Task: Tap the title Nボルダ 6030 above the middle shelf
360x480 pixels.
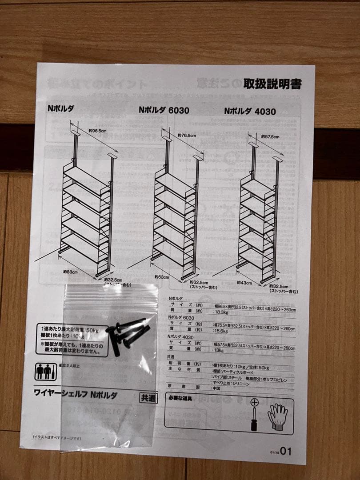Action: pos(164,110)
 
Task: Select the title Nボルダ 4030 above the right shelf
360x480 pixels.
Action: pos(250,112)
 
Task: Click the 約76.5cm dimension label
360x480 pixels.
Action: pos(187,135)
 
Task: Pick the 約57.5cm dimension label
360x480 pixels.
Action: pos(270,137)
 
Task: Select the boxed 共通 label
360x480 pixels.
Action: pos(148,398)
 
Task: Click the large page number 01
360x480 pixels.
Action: pos(286,452)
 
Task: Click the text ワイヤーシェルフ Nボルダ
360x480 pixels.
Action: pos(76,394)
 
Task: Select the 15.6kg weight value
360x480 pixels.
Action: pos(221,332)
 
